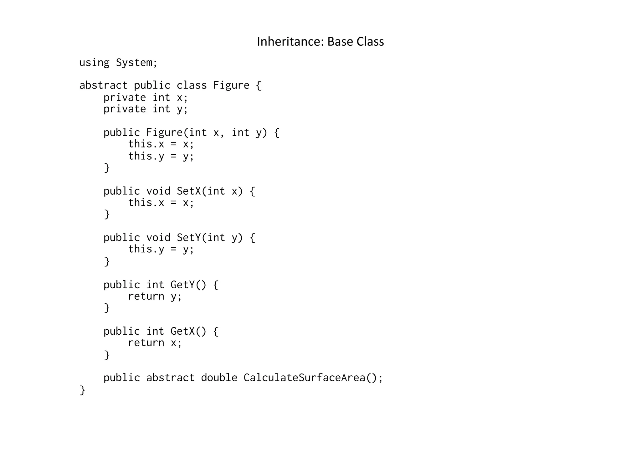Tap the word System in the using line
point(134,63)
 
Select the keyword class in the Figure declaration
point(192,85)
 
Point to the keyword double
point(219,378)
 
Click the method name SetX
point(189,191)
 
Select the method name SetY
point(189,238)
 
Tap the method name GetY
point(182,285)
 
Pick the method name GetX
point(182,331)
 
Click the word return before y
point(146,296)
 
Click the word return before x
point(146,343)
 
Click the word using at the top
point(94,63)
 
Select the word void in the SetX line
point(158,191)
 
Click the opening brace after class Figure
point(259,85)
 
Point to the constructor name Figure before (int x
point(164,132)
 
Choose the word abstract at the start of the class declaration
point(103,85)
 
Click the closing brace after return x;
point(107,355)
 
